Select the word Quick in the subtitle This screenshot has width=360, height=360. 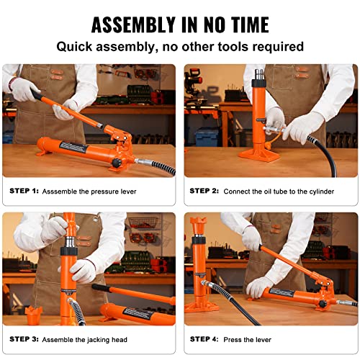tap(77, 47)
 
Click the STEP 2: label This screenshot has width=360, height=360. tap(204, 192)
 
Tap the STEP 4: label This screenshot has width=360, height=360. tap(204, 338)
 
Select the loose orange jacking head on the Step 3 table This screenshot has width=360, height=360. tap(34, 315)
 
